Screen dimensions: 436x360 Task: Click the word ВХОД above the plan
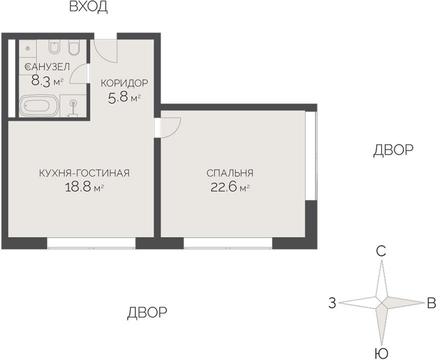coord(88,7)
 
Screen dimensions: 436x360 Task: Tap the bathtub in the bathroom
coord(39,106)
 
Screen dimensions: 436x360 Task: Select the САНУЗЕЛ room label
coord(47,67)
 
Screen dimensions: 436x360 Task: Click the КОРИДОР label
coord(124,83)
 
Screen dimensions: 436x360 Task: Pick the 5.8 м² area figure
coord(124,97)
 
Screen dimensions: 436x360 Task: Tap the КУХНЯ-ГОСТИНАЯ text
coord(84,173)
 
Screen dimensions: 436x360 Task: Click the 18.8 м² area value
coord(84,187)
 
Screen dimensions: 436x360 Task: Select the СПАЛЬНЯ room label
coord(230,173)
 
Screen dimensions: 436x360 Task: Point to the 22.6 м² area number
coord(230,187)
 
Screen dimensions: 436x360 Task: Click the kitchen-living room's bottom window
coord(91,243)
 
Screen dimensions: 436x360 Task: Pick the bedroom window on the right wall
coord(311,156)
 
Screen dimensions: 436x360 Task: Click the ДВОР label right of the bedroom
coord(393,150)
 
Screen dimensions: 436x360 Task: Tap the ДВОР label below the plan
coord(147,313)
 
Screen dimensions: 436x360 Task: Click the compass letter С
coord(380,252)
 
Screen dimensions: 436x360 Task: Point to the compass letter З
coord(332,303)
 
